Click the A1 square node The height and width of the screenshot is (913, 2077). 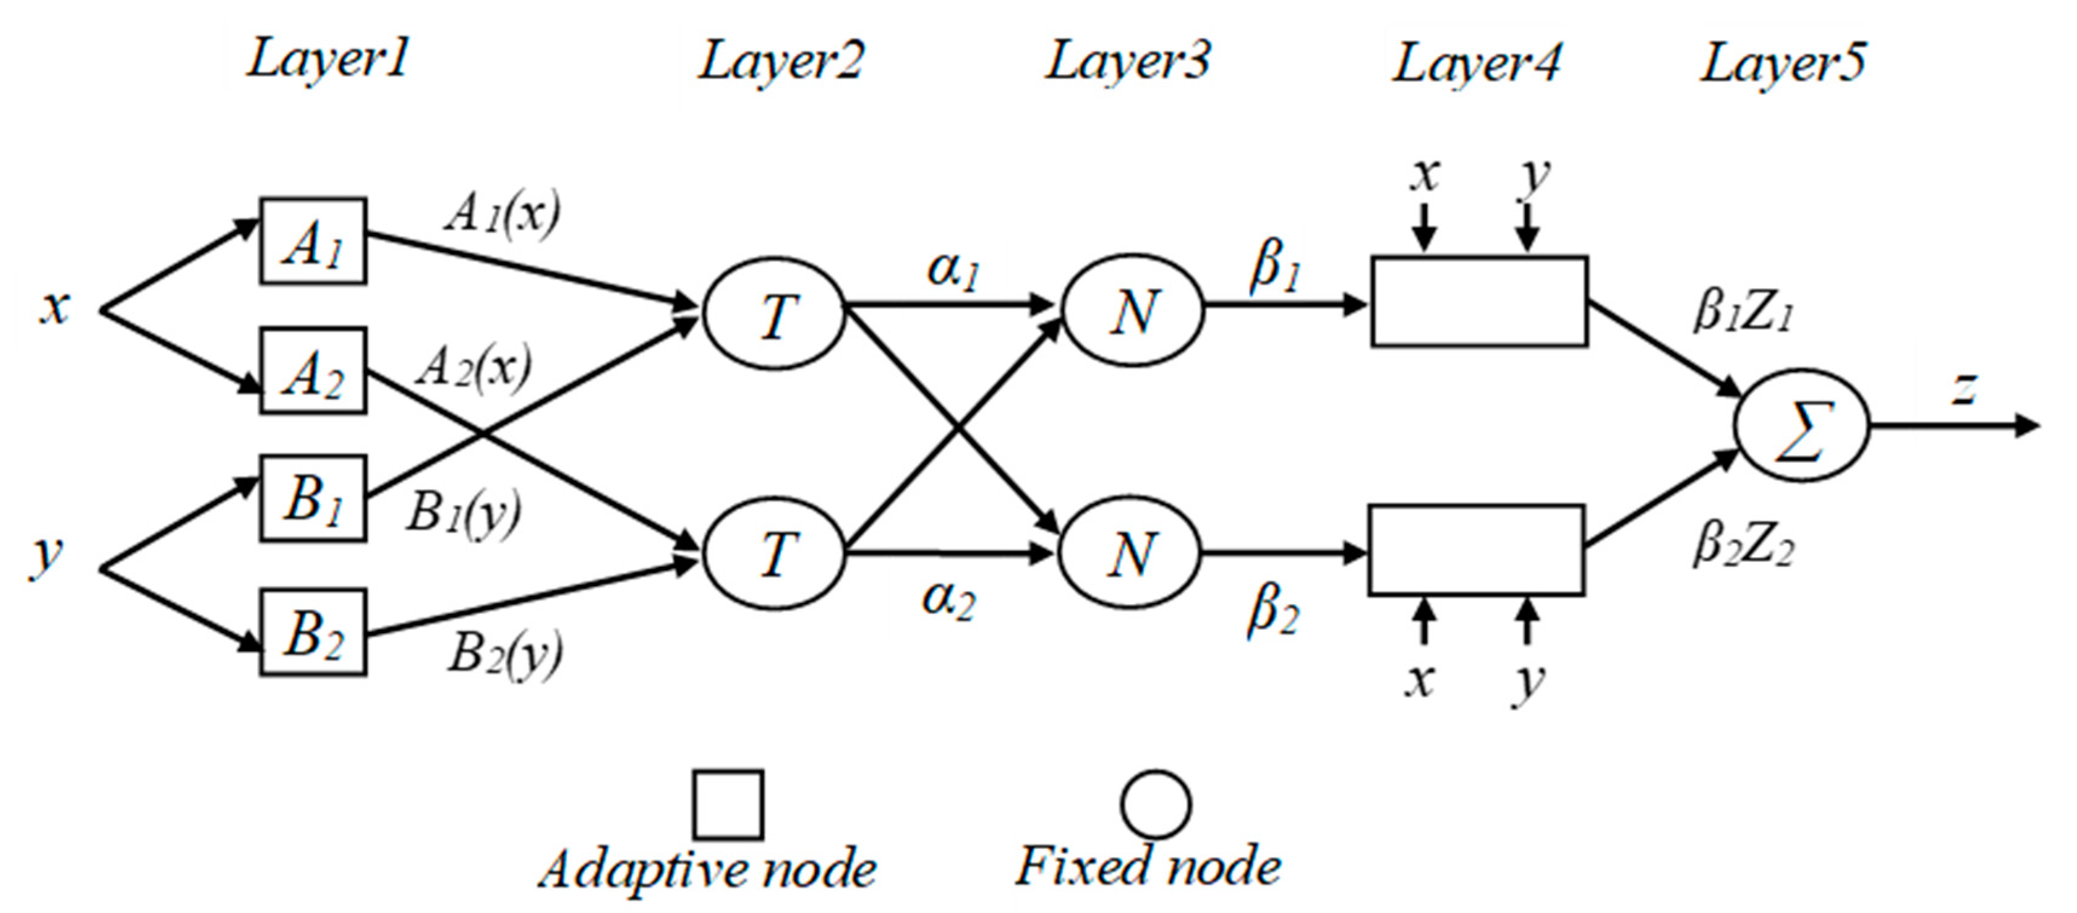click(313, 241)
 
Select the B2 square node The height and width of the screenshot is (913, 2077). click(313, 632)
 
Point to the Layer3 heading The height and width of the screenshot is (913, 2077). click(1127, 60)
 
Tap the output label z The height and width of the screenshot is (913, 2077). click(1964, 389)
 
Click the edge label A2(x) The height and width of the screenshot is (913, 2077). click(474, 368)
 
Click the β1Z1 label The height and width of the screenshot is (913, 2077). click(1741, 312)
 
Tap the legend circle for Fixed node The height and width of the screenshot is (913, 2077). click(1155, 804)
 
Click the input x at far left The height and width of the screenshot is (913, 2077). click(55, 307)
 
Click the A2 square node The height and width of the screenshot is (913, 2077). click(313, 370)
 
